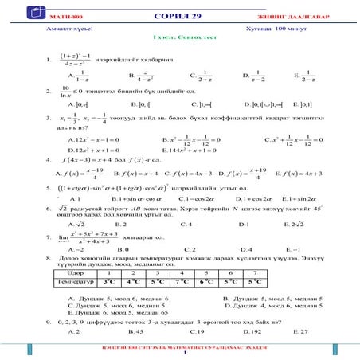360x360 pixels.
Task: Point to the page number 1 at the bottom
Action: click(180, 354)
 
